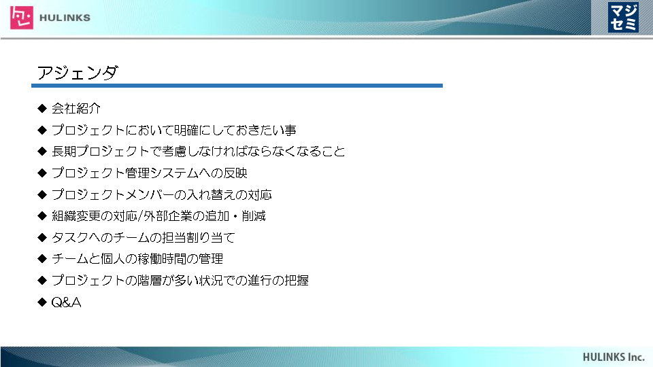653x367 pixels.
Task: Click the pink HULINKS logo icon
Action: point(22,18)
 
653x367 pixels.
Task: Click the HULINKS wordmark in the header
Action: point(65,18)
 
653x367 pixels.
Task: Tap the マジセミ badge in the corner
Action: point(623,18)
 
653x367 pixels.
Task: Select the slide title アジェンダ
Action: point(78,73)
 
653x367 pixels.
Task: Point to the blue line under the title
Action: point(237,86)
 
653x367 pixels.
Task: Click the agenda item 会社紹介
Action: point(76,109)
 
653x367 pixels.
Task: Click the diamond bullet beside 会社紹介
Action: point(42,109)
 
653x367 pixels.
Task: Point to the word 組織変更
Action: point(76,216)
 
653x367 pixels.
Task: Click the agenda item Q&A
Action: point(66,302)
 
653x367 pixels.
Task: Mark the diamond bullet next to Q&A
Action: point(42,302)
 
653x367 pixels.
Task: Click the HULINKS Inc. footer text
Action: point(614,357)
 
